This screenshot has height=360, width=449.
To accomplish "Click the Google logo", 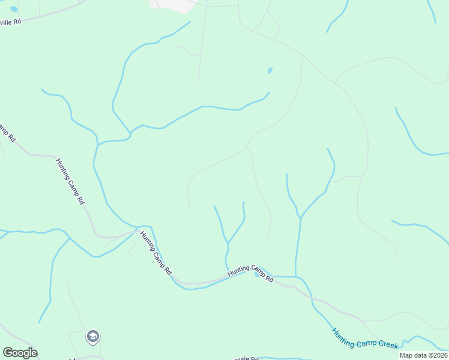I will (20, 353).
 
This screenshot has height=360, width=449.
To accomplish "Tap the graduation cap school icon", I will (92, 337).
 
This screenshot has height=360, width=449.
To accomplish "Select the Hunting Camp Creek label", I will (364, 337).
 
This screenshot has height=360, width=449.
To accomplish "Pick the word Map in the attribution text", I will (406, 355).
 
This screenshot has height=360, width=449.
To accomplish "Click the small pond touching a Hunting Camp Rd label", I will (257, 275).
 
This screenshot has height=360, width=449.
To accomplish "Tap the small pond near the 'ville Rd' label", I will (14, 10).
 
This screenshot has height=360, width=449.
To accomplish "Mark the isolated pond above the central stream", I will (270, 71).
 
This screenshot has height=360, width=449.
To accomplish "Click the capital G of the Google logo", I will (7, 353).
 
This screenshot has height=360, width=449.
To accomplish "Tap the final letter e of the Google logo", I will (34, 353).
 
